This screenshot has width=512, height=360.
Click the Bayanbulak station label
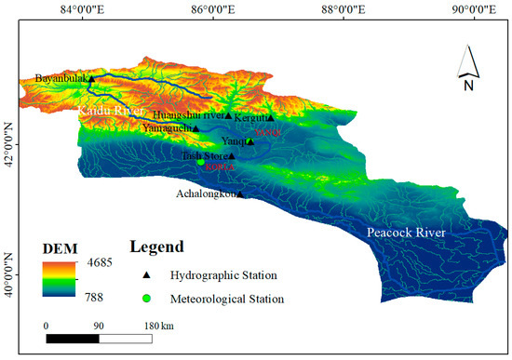coord(61,78)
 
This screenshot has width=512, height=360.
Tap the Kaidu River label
coord(102,111)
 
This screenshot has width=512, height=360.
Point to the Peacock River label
coord(406,232)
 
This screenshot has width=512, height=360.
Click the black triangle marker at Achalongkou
coord(239,193)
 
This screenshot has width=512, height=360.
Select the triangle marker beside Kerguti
coord(271,118)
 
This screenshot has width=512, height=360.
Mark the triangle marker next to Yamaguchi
coord(196,127)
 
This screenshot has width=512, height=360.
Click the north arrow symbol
coord(469,71)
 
